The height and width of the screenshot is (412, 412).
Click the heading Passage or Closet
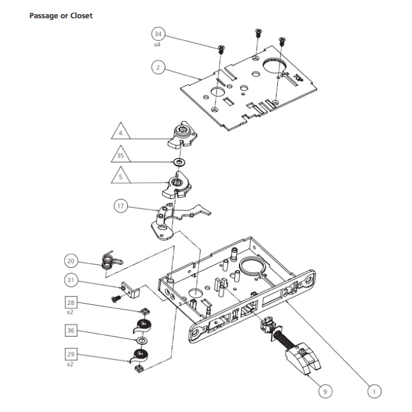coord(61,15)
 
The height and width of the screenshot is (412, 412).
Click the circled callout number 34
coord(158,34)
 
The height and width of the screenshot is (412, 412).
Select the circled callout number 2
coord(157,67)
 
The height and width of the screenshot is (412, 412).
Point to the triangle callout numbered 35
coord(121,157)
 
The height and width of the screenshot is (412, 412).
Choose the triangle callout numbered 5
coord(121,177)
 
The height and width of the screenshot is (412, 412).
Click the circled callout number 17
coord(121,206)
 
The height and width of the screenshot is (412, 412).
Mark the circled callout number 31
coord(72,281)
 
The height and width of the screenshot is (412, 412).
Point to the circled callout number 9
coord(323,390)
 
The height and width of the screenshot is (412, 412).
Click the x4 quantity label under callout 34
coord(157,45)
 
